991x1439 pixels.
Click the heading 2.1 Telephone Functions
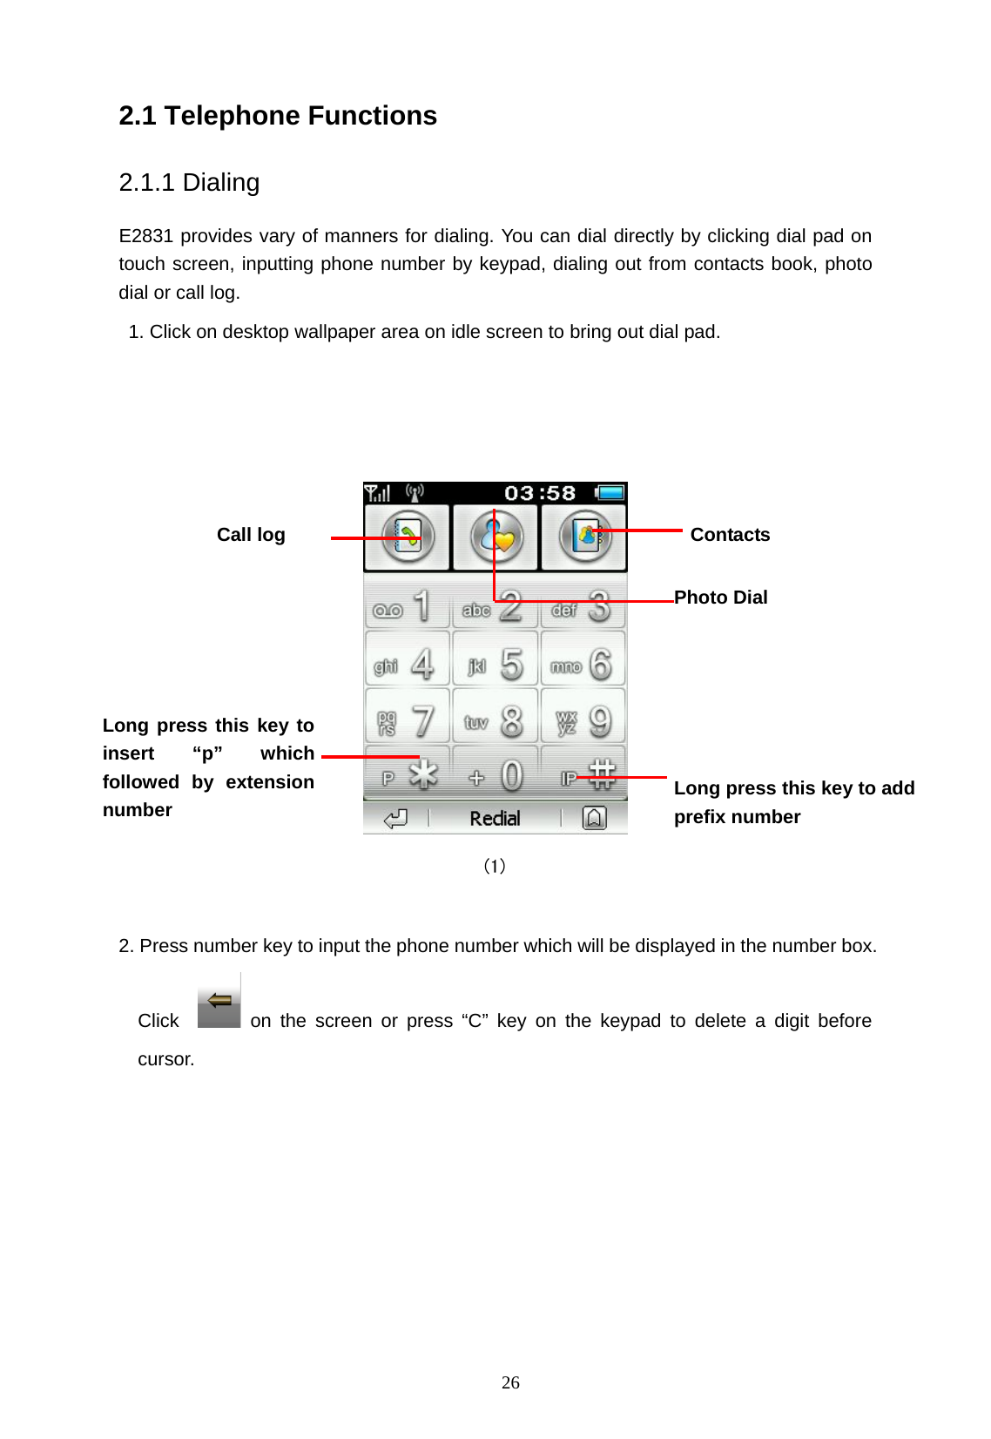[278, 116]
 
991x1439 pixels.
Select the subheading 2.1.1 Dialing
[189, 183]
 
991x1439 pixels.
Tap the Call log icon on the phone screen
[407, 537]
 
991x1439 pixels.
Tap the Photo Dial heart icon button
[496, 537]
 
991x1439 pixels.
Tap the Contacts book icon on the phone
[585, 537]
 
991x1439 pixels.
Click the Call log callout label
[251, 535]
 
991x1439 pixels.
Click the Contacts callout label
[730, 535]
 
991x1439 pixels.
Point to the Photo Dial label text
[721, 598]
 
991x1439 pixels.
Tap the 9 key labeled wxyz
[583, 720]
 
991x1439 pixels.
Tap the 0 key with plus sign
[495, 775]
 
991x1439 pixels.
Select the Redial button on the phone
[495, 818]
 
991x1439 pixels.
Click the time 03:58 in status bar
[540, 493]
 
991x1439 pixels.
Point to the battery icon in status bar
[610, 493]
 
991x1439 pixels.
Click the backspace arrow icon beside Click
[219, 1002]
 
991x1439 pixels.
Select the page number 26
[510, 1382]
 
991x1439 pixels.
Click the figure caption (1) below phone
[495, 866]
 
